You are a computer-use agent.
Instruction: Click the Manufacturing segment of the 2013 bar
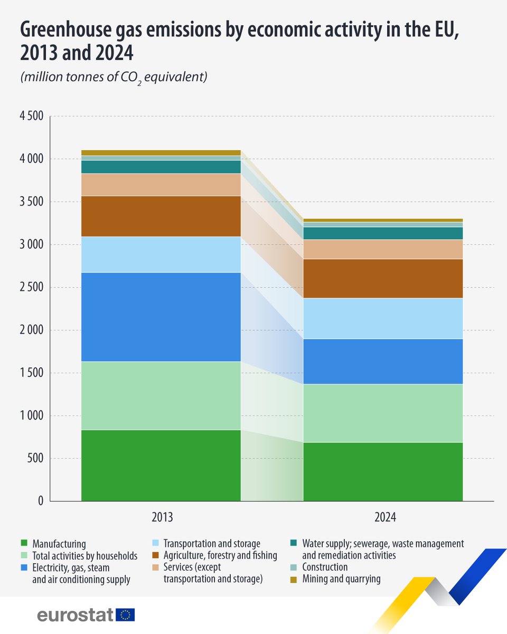(x=161, y=465)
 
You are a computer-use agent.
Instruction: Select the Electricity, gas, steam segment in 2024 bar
(x=383, y=361)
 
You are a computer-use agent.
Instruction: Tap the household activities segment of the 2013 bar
(x=161, y=395)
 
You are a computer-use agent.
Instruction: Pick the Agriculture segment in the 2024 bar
(x=383, y=278)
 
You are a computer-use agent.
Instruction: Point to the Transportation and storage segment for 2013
(x=161, y=254)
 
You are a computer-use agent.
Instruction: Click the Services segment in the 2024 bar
(x=383, y=249)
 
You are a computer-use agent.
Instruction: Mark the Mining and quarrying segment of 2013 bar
(x=161, y=153)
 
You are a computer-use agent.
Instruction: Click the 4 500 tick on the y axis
(x=32, y=116)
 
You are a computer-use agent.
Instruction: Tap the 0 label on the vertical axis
(x=40, y=501)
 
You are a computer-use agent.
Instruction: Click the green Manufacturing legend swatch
(x=24, y=543)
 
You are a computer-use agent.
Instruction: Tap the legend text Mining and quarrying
(x=341, y=579)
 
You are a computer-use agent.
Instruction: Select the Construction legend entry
(x=325, y=567)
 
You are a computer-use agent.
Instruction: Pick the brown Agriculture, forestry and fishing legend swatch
(x=155, y=555)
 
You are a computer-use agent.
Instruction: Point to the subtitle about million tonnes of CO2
(x=113, y=77)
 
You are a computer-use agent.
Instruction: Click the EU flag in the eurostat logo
(x=125, y=615)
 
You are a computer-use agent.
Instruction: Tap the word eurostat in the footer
(x=75, y=615)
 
